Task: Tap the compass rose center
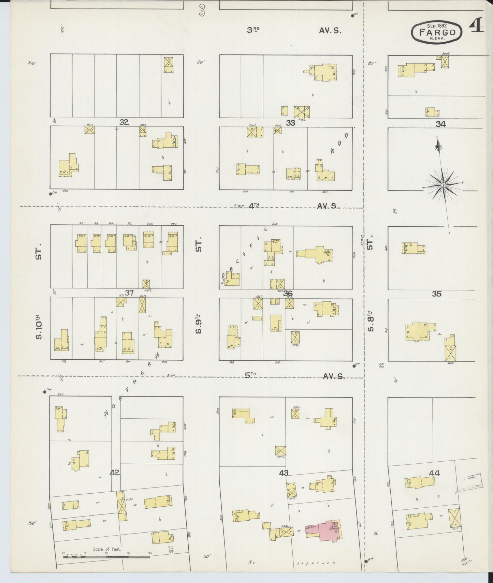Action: click(x=443, y=185)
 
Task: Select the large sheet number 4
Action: click(x=476, y=26)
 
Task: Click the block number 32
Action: click(x=124, y=122)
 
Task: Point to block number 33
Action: click(x=290, y=123)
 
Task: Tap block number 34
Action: click(x=440, y=124)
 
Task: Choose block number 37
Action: click(x=129, y=293)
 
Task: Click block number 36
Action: click(x=288, y=293)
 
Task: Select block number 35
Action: click(x=437, y=294)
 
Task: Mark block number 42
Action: click(x=115, y=473)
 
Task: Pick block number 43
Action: click(x=284, y=473)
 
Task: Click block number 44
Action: click(x=435, y=473)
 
